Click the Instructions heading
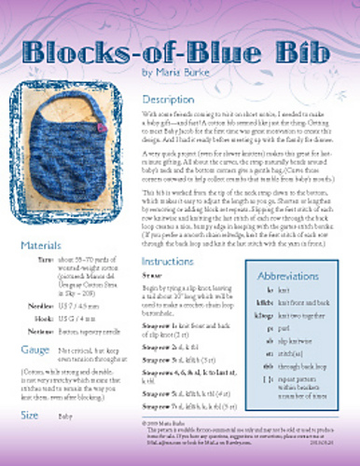point(173,263)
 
